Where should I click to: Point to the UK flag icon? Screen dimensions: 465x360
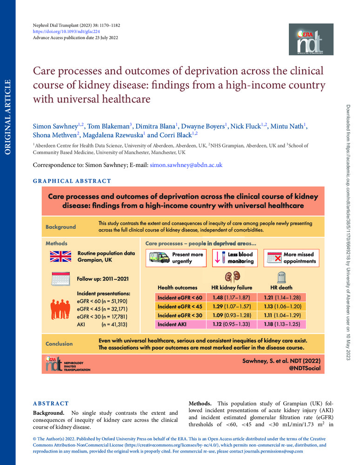[60, 257]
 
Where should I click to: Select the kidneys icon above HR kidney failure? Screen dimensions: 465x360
[229, 275]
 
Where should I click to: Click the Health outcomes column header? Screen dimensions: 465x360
[177, 288]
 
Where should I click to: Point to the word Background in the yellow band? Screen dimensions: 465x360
[60, 227]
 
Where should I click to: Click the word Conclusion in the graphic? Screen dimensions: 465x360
[59, 344]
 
